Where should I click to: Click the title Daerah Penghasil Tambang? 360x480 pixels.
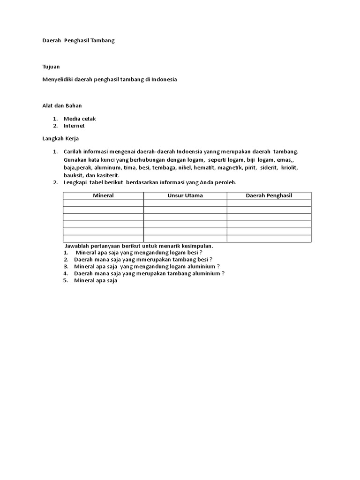point(79,41)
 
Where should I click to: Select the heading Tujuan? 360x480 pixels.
point(51,67)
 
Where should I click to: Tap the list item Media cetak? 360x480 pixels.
point(80,119)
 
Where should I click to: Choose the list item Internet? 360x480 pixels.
point(74,126)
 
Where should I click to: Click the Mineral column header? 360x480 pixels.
point(103,195)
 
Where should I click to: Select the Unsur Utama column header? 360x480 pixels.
point(185,195)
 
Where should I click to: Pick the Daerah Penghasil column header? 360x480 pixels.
point(269,195)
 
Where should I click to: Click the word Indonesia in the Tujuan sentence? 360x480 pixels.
point(164,80)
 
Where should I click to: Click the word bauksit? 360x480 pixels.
point(74,175)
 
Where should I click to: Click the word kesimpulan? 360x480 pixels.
point(198,246)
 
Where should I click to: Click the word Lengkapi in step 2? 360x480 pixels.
point(75,182)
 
